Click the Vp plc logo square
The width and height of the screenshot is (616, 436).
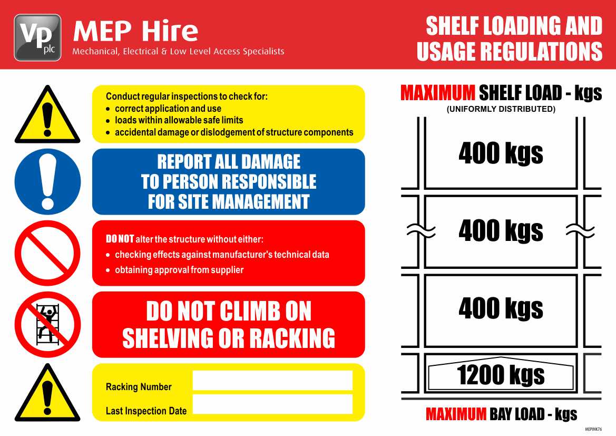pyautogui.click(x=37, y=37)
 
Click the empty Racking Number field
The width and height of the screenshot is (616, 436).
pyautogui.click(x=272, y=380)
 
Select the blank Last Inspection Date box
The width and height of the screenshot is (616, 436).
pyautogui.click(x=272, y=404)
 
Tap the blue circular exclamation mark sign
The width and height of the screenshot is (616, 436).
pyautogui.click(x=47, y=181)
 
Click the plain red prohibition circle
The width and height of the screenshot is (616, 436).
pyautogui.click(x=47, y=253)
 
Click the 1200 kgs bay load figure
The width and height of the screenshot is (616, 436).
pyautogui.click(x=501, y=375)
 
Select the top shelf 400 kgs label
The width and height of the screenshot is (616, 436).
pyautogui.click(x=501, y=153)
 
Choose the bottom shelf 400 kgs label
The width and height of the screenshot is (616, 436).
pyautogui.click(x=501, y=308)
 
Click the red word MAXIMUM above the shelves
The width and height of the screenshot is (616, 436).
pyautogui.click(x=437, y=93)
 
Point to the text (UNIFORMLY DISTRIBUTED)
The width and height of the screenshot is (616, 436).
pyautogui.click(x=501, y=110)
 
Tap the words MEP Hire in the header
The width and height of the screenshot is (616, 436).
pyautogui.click(x=135, y=32)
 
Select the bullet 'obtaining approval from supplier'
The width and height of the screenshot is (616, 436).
pyautogui.click(x=179, y=270)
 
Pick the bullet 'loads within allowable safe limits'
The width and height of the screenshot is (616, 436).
pyautogui.click(x=179, y=120)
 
